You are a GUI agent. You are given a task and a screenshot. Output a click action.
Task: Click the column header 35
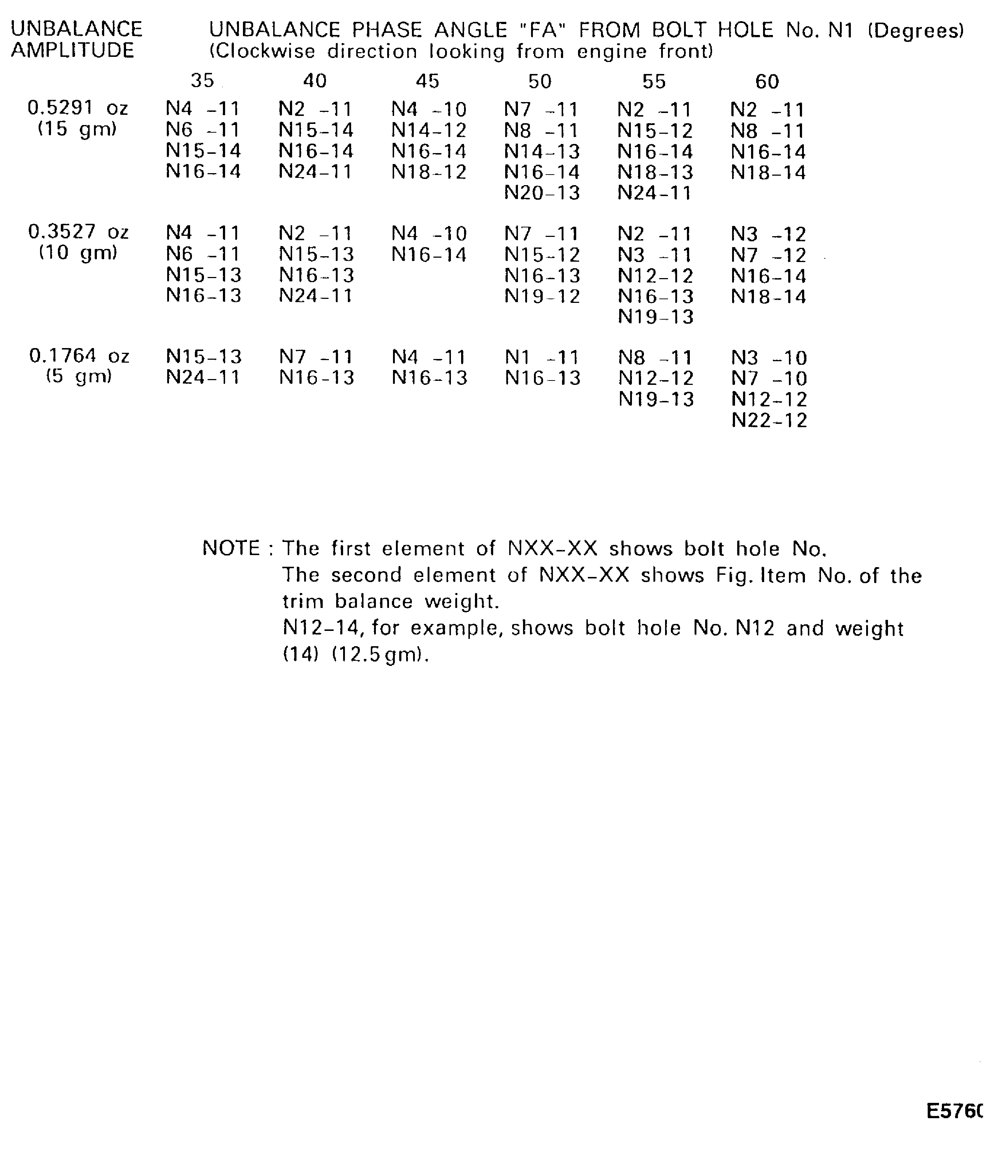(x=203, y=81)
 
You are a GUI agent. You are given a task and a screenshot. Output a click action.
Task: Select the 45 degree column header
(x=428, y=82)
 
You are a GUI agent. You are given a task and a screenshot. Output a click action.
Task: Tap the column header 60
(x=767, y=82)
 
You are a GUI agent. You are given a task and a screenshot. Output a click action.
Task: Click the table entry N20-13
(x=542, y=193)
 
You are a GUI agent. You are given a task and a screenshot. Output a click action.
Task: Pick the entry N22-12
(x=769, y=421)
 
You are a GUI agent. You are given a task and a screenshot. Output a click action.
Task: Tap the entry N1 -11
(x=542, y=358)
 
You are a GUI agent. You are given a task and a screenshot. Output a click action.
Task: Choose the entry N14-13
(x=542, y=152)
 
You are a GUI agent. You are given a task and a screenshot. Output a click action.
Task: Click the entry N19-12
(x=542, y=296)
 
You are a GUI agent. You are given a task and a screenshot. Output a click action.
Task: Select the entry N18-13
(x=655, y=172)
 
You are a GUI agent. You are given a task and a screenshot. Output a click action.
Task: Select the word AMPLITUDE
(x=73, y=51)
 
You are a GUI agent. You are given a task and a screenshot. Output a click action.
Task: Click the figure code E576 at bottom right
(x=954, y=1112)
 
